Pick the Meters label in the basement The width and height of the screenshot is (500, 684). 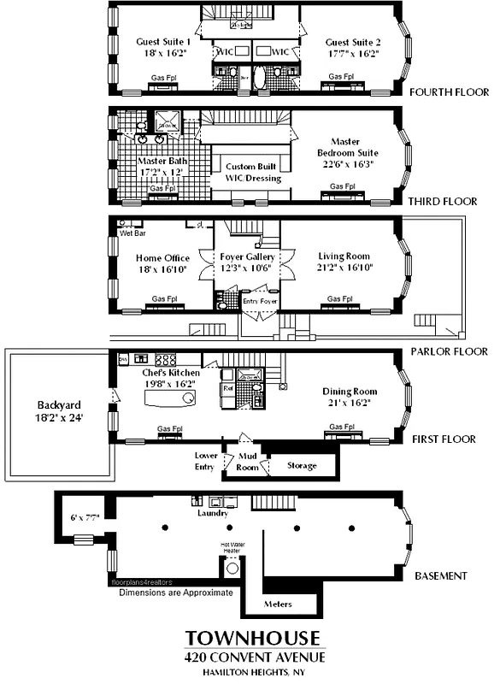click(x=278, y=604)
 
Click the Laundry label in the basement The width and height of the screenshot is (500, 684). click(x=212, y=513)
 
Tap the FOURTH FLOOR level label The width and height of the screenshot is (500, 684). click(x=450, y=92)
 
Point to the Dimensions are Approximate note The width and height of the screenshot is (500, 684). click(x=175, y=591)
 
